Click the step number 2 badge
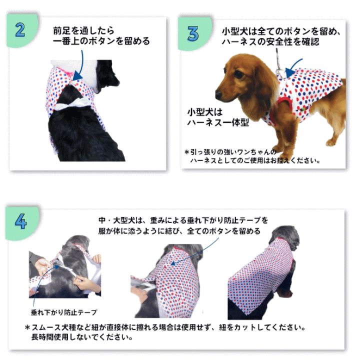click(20, 29)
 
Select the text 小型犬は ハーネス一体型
click(217, 116)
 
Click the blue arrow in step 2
click(79, 65)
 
